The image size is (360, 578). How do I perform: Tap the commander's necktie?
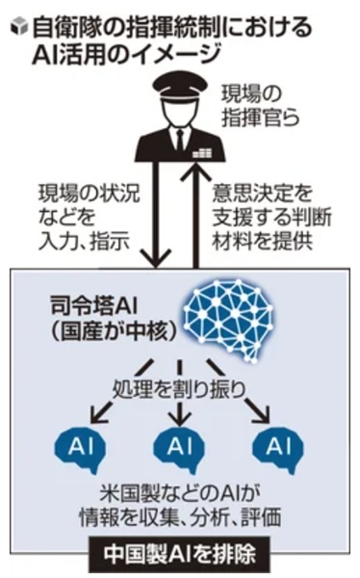179,139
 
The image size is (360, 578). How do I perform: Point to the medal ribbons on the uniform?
202,153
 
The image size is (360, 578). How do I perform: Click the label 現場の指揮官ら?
259,105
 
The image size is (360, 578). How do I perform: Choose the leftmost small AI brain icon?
80,449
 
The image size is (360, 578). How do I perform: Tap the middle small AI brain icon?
179,449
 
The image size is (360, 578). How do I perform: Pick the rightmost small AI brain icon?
278,449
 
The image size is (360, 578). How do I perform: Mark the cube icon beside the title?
19,27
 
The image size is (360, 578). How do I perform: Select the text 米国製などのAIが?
180,494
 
